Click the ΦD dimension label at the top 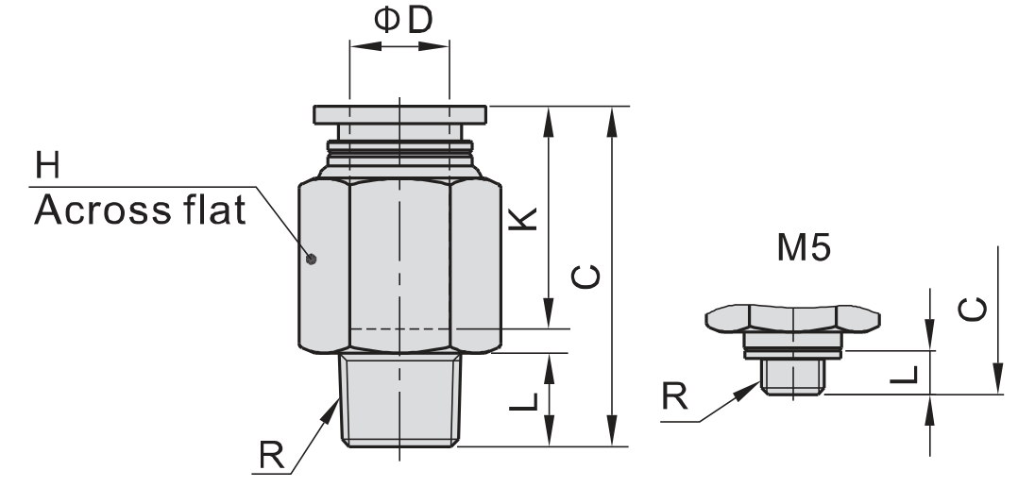(403, 20)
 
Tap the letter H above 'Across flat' (47, 165)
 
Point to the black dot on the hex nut (311, 260)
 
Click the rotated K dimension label (523, 219)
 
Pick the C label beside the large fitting (585, 277)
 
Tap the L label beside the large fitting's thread (524, 402)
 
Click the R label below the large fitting (272, 455)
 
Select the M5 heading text (804, 247)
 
